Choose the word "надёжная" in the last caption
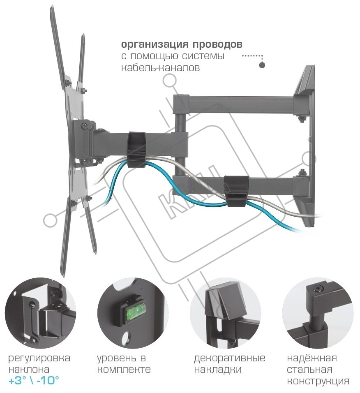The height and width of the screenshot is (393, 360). point(312,358)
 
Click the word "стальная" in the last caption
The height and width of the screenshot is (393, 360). point(309,370)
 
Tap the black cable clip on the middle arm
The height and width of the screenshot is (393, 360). point(138,148)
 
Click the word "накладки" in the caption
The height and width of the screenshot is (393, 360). point(217,370)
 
